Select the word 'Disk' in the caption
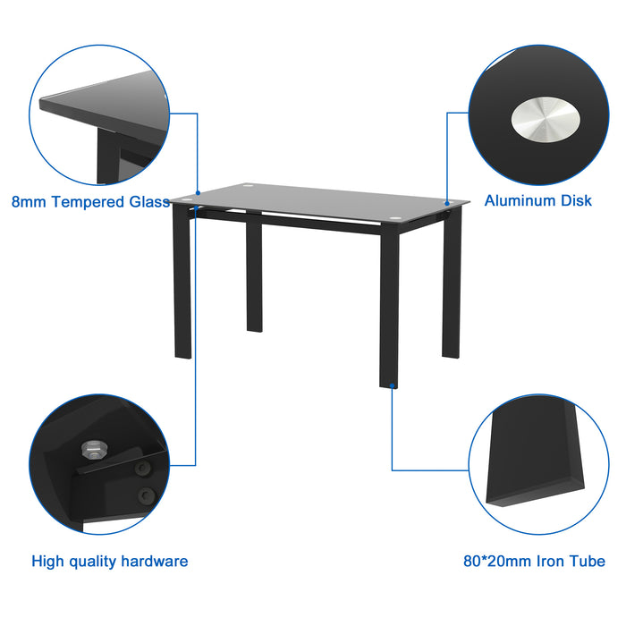click(x=577, y=201)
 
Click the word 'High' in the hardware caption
click(x=49, y=562)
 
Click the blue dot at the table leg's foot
click(x=392, y=387)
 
